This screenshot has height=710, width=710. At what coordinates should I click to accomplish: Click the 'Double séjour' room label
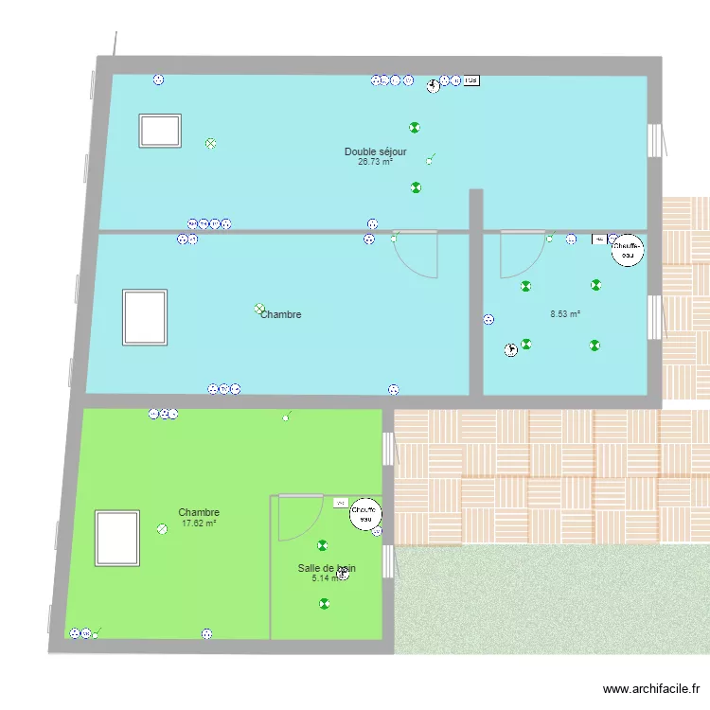[x=376, y=151]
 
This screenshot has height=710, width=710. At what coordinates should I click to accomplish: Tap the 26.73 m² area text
[x=376, y=162]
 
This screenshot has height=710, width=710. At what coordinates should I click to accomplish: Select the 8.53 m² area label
[x=565, y=313]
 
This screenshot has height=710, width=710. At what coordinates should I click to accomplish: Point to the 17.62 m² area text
[x=199, y=523]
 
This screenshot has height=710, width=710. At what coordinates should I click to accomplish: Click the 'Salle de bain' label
[x=327, y=567]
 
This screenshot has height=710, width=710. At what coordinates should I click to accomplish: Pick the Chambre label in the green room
[x=199, y=512]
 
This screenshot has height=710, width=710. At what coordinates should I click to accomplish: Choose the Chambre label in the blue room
[x=281, y=314]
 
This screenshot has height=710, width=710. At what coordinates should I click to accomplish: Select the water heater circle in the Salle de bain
[x=365, y=513]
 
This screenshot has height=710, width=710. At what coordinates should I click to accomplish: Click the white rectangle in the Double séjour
[x=160, y=131]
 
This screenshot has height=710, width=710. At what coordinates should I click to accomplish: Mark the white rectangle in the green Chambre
[x=117, y=538]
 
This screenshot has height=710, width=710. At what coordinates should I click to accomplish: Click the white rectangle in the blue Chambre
[x=145, y=317]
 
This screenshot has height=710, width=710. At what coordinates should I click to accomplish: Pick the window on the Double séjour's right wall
[x=653, y=140]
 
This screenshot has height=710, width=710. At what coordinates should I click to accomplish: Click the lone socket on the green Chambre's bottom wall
[x=206, y=633]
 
